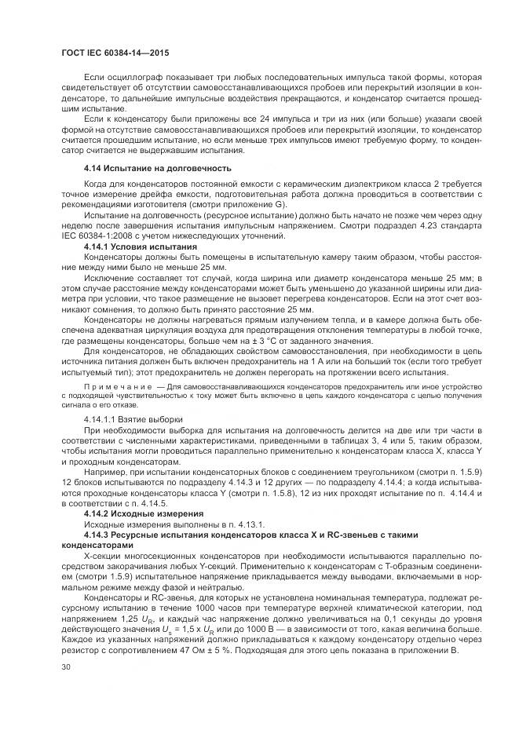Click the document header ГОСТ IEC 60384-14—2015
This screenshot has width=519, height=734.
(115, 53)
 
